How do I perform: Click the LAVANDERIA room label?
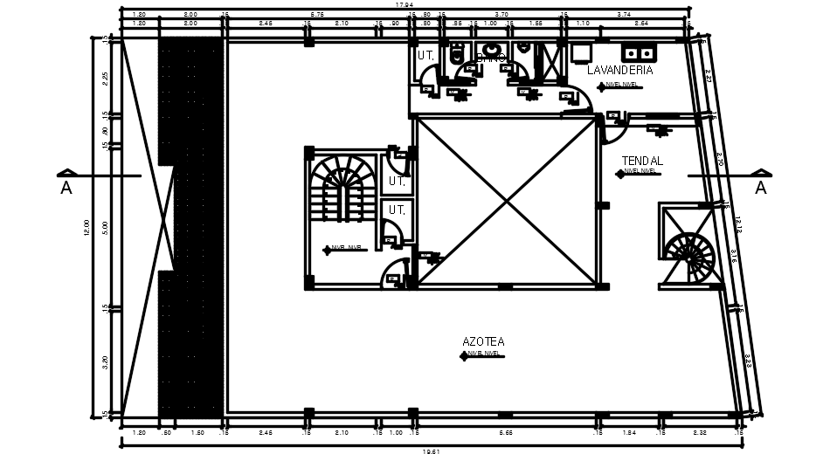tap(619, 70)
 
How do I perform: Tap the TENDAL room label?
tap(642, 162)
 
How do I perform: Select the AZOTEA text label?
tap(484, 341)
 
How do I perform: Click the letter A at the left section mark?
tap(66, 189)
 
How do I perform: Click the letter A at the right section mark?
tap(760, 189)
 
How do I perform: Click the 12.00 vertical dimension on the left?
tap(87, 227)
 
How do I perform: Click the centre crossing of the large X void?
tap(506, 202)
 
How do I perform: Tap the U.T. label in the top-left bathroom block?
tap(425, 55)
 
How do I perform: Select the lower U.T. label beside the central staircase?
tap(397, 210)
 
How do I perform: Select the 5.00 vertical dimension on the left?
tap(105, 227)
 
